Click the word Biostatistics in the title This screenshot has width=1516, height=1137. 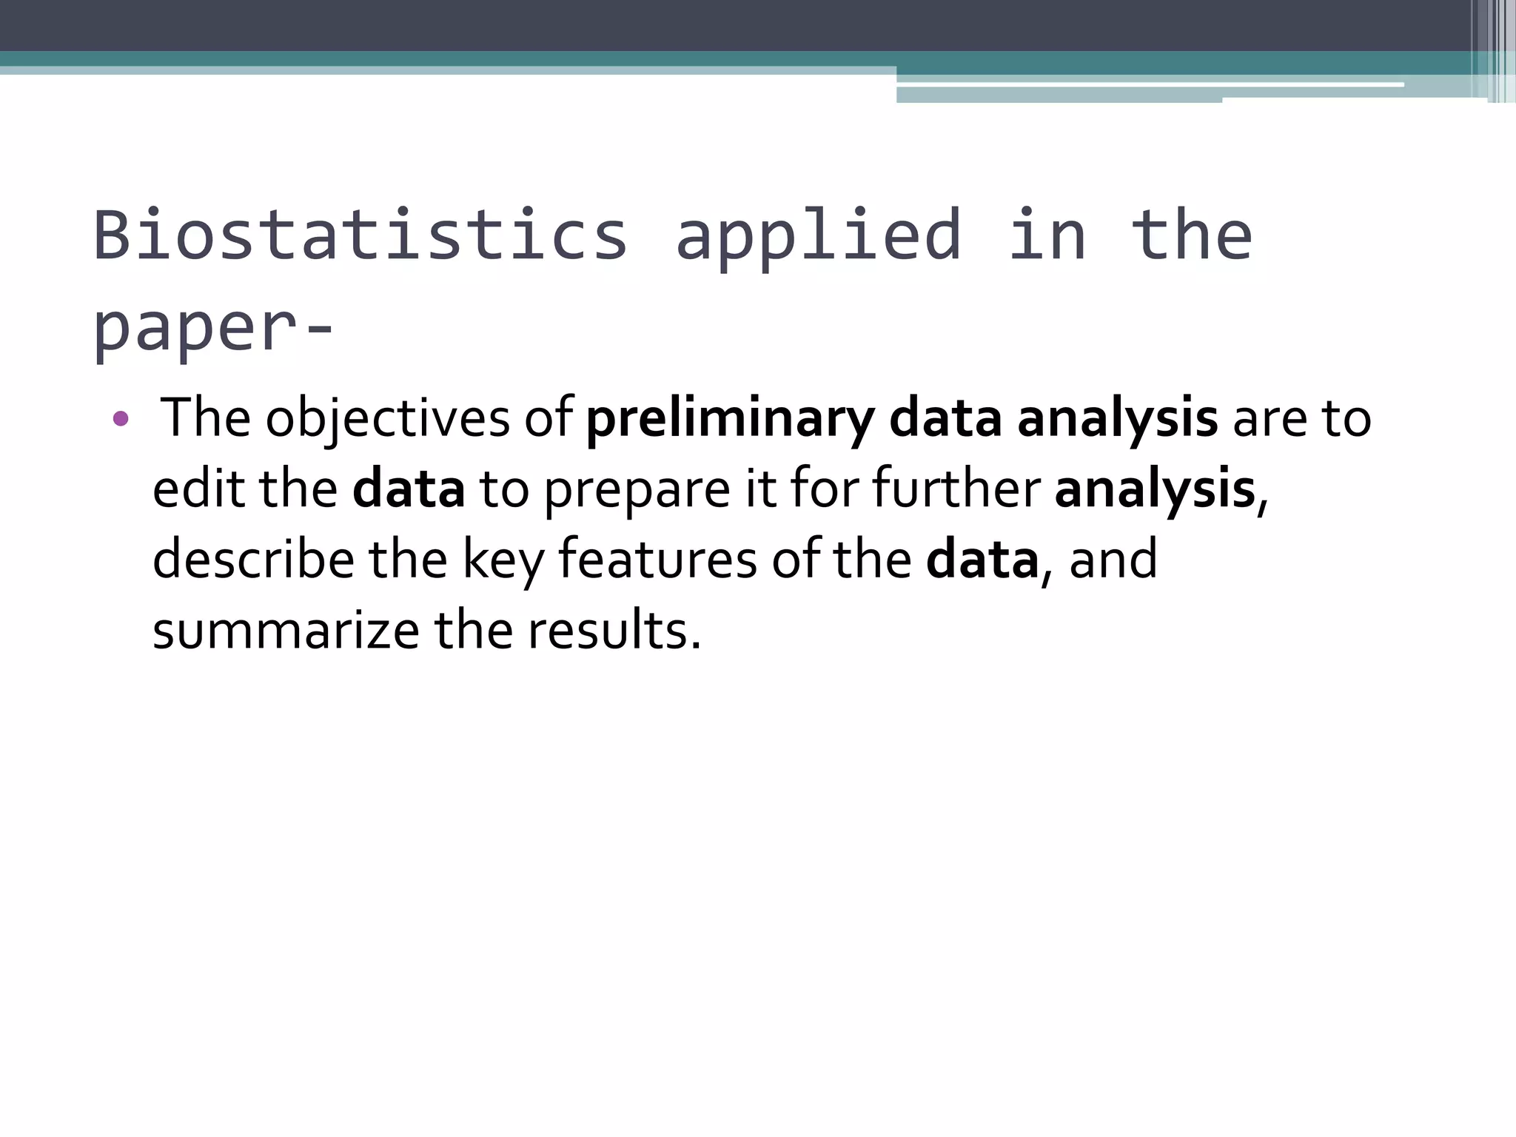(360, 235)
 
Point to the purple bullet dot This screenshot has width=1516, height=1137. (121, 420)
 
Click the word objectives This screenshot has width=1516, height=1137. (387, 419)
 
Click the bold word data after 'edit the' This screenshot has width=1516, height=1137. (409, 489)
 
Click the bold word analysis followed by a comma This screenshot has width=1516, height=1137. (1155, 491)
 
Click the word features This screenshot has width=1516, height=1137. (658, 560)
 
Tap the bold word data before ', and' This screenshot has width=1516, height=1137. (982, 560)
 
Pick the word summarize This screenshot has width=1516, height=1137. (286, 631)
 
